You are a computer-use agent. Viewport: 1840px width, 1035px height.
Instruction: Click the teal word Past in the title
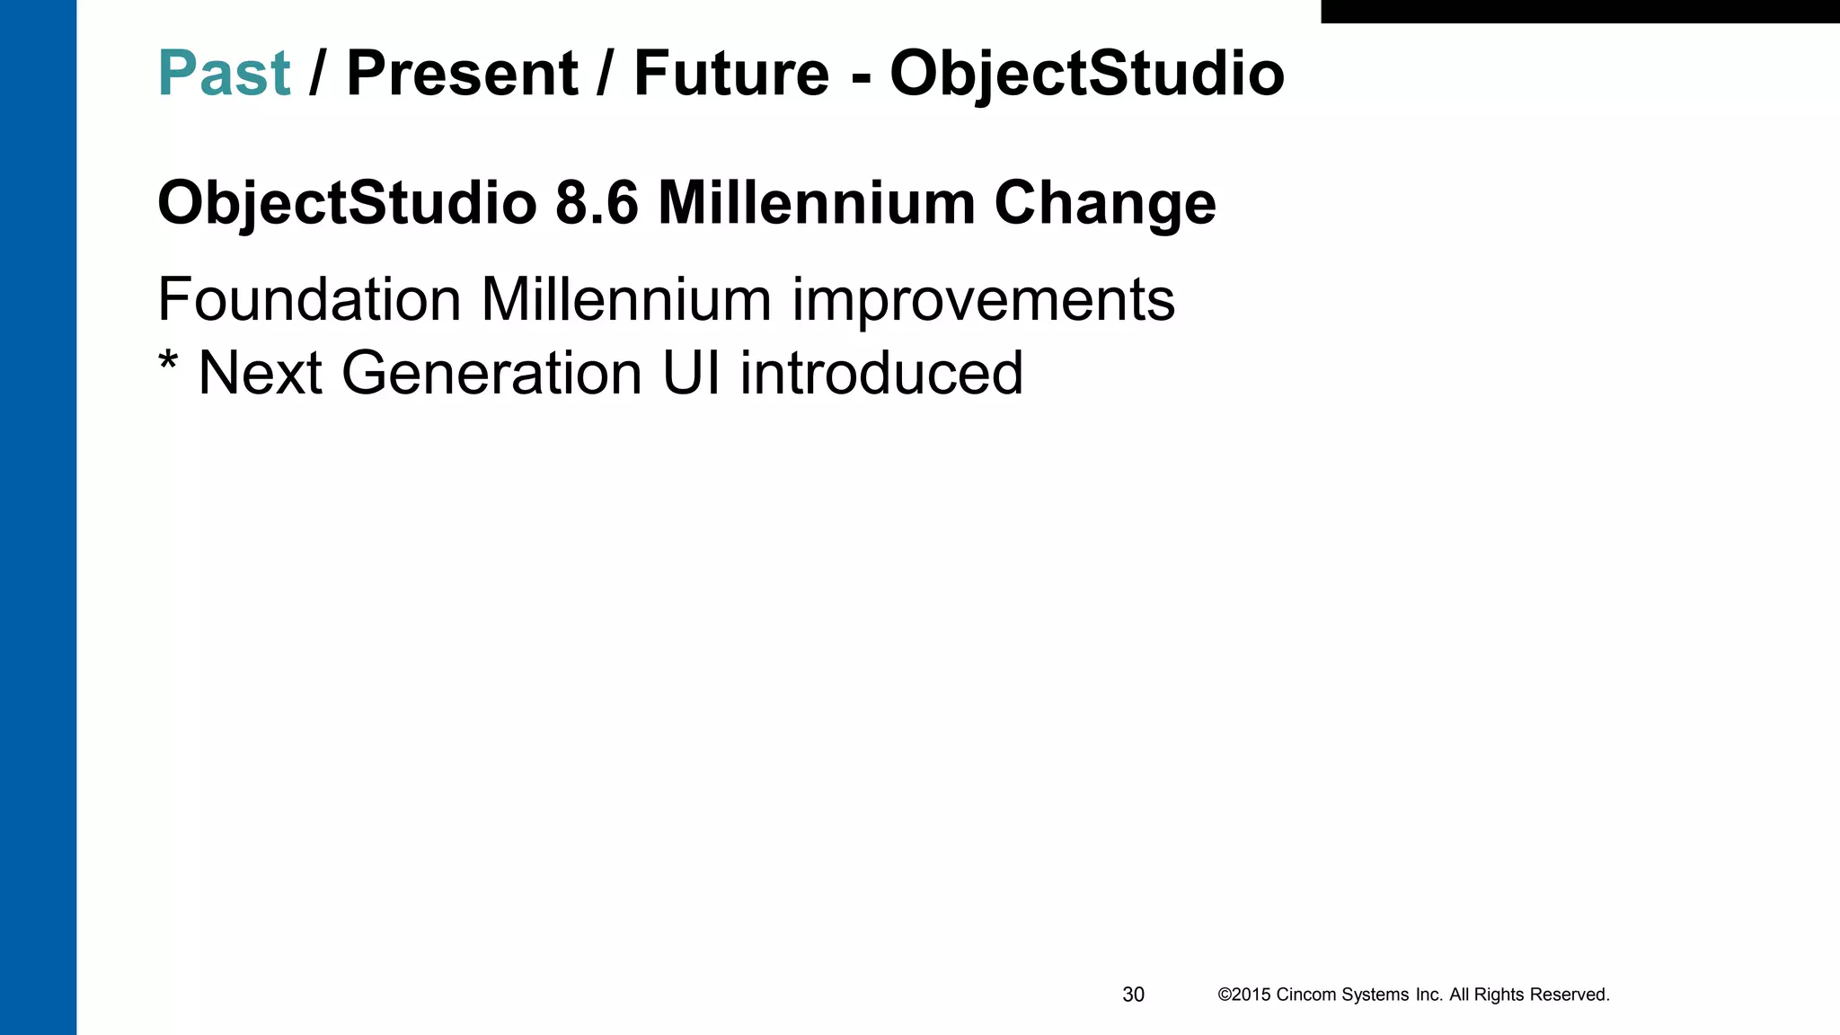(x=224, y=74)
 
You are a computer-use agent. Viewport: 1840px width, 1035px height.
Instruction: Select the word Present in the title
(x=462, y=74)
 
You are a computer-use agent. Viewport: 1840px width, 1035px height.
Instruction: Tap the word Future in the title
(x=731, y=74)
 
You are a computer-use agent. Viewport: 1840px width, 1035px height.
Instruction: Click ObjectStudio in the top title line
(x=1087, y=74)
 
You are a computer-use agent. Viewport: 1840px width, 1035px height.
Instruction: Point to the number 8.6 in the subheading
(x=597, y=203)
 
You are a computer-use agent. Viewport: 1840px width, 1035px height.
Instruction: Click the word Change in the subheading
(x=1104, y=203)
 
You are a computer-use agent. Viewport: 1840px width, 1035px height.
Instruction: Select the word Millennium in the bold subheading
(x=817, y=203)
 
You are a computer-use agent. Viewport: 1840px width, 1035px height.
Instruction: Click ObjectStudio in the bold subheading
(x=347, y=203)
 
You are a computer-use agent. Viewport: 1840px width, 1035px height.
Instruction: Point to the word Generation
(x=491, y=373)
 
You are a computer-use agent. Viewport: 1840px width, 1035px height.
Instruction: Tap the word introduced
(x=881, y=373)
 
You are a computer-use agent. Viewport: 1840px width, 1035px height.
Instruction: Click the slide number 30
(x=1133, y=995)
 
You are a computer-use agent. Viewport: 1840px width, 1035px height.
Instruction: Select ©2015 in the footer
(x=1243, y=995)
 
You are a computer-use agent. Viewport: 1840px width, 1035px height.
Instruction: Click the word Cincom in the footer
(x=1306, y=995)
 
